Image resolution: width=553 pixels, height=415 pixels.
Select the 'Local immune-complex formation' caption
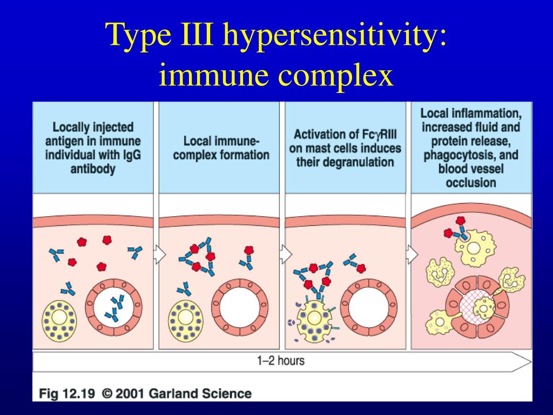coord(221,149)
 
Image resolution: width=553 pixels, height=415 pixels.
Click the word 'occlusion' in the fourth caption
coord(470,183)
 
